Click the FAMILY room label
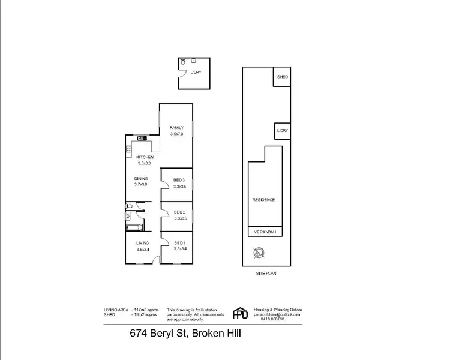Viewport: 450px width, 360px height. point(176,128)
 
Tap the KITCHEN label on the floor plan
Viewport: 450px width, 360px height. point(145,157)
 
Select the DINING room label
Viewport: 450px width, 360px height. point(141,179)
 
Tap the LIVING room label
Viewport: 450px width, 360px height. point(142,242)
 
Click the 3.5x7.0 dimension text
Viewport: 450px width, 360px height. point(176,134)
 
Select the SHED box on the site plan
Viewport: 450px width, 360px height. point(282,77)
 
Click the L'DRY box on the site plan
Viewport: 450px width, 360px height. point(282,130)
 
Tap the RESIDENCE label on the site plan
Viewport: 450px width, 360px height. point(263,199)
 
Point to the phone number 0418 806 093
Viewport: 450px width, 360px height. point(273,319)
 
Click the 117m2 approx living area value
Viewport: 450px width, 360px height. point(148,309)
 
